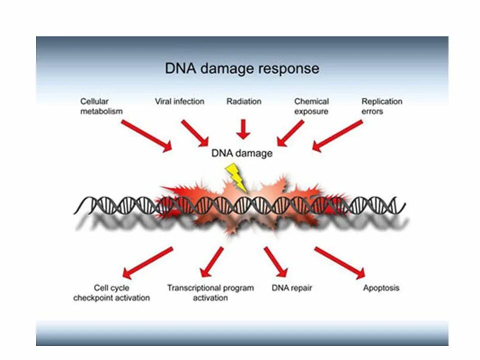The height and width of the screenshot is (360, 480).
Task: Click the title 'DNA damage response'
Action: (242, 68)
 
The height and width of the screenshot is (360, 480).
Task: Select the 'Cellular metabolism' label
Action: (101, 106)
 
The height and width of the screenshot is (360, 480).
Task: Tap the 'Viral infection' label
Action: (179, 101)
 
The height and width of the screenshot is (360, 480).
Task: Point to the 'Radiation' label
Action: (243, 101)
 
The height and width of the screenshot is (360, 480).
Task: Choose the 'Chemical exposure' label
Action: (311, 106)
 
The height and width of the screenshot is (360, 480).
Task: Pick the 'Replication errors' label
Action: (381, 106)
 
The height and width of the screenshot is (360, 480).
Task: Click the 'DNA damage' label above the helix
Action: (242, 153)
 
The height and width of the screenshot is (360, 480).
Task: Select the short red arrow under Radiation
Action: (243, 128)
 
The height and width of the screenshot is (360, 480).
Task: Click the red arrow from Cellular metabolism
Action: (146, 135)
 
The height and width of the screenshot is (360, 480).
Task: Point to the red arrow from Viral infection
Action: (194, 133)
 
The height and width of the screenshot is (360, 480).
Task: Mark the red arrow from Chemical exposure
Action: (290, 133)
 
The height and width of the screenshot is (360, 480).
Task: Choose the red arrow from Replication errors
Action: (338, 135)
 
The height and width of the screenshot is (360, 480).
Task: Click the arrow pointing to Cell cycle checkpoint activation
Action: (148, 262)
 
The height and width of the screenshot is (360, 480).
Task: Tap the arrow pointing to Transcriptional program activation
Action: (211, 261)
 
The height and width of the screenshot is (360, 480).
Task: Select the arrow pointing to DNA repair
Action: (276, 261)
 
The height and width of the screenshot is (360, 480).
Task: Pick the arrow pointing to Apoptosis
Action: (339, 262)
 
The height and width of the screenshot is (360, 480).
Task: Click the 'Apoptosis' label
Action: (381, 288)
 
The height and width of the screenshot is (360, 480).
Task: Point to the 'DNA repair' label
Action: (292, 288)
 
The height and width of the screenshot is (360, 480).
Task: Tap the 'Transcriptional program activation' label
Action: (210, 292)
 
